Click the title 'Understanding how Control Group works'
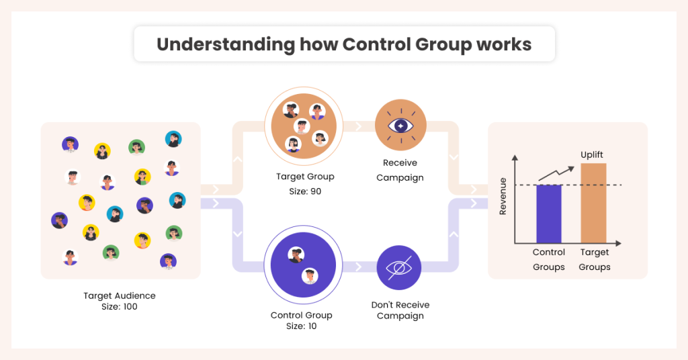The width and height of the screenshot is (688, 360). [344, 44]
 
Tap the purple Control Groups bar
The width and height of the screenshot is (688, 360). [549, 214]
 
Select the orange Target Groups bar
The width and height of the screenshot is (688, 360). [594, 203]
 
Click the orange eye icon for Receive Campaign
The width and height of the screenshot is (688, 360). [399, 126]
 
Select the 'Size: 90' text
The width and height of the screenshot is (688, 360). [305, 191]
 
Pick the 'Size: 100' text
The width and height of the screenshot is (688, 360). [120, 307]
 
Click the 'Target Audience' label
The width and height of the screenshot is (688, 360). [120, 296]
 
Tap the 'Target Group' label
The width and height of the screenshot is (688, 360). [305, 177]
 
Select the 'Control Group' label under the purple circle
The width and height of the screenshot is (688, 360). [301, 315]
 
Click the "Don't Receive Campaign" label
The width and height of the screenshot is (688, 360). [400, 310]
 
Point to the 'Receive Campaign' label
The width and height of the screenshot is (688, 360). [400, 170]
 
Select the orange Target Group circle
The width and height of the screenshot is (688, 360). [304, 126]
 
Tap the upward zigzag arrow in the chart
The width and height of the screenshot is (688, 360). [558, 171]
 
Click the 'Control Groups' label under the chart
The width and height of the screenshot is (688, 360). [549, 260]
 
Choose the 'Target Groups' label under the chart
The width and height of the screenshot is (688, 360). [595, 260]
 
